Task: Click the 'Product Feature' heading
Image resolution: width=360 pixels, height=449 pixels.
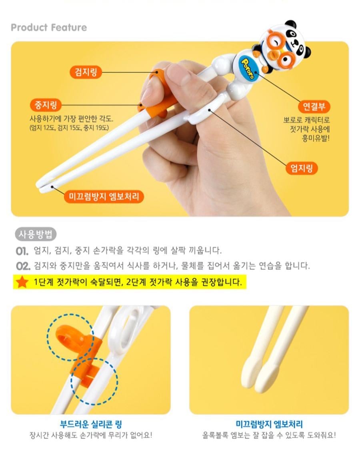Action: (49, 28)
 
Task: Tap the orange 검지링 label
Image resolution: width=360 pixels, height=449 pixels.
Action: (86, 72)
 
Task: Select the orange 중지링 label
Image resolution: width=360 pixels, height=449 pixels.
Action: (46, 105)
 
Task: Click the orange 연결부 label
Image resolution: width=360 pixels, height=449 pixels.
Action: (314, 106)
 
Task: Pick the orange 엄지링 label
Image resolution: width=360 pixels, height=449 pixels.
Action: (302, 168)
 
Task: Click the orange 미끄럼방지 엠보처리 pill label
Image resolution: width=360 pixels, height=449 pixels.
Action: (104, 197)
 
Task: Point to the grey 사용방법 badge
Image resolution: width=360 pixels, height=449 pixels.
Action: (36, 235)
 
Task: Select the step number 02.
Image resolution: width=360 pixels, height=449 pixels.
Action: (23, 266)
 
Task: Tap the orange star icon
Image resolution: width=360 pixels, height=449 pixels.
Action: (22, 282)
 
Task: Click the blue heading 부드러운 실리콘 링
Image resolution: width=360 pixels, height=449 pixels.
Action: (91, 424)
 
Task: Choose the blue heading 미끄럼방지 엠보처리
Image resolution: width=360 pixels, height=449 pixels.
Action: (269, 424)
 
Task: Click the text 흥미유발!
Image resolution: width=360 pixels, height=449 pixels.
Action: (316, 138)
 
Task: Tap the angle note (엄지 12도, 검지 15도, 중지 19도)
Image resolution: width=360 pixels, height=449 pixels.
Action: (69, 128)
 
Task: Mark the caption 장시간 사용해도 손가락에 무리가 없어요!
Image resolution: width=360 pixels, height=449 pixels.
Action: (91, 435)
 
